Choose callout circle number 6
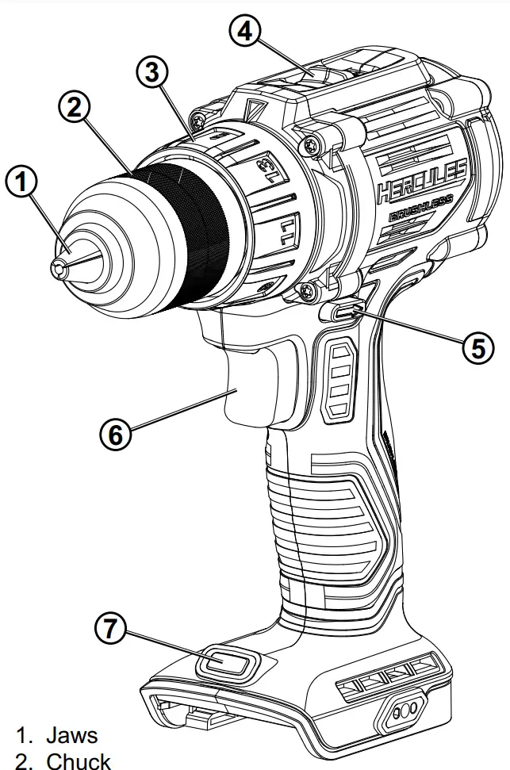(x=117, y=434)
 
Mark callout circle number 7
(x=110, y=630)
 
